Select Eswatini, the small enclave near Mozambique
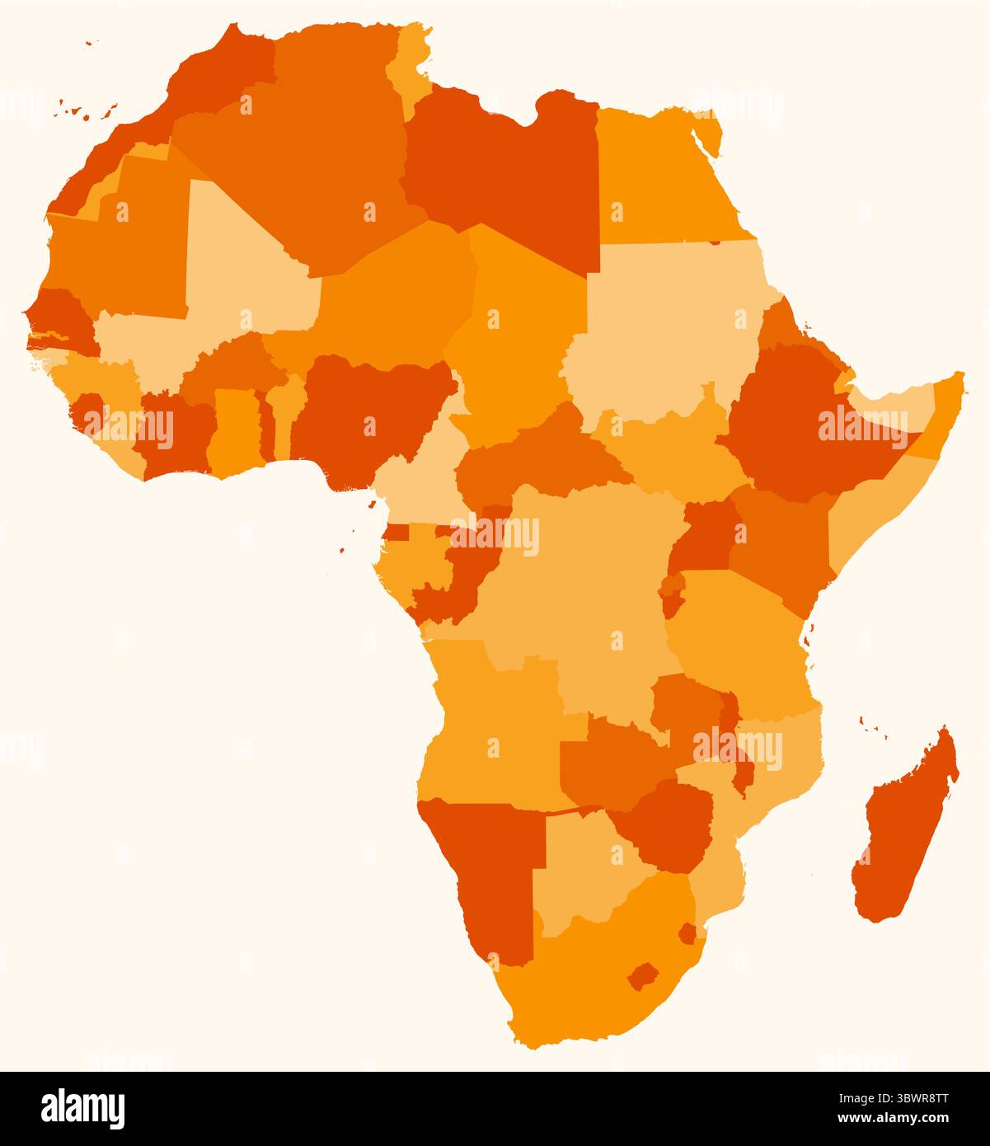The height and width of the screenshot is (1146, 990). pos(687,933)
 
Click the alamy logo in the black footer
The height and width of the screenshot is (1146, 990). pos(83,1108)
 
